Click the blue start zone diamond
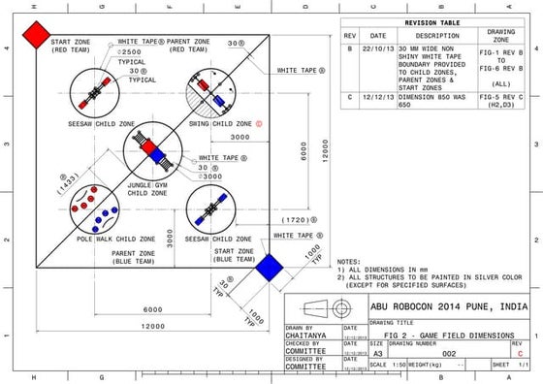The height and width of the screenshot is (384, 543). [x=269, y=267]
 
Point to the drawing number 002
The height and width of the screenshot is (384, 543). [x=449, y=355]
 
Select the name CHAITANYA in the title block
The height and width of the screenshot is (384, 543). [x=305, y=335]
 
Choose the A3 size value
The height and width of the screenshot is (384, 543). [x=376, y=355]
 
